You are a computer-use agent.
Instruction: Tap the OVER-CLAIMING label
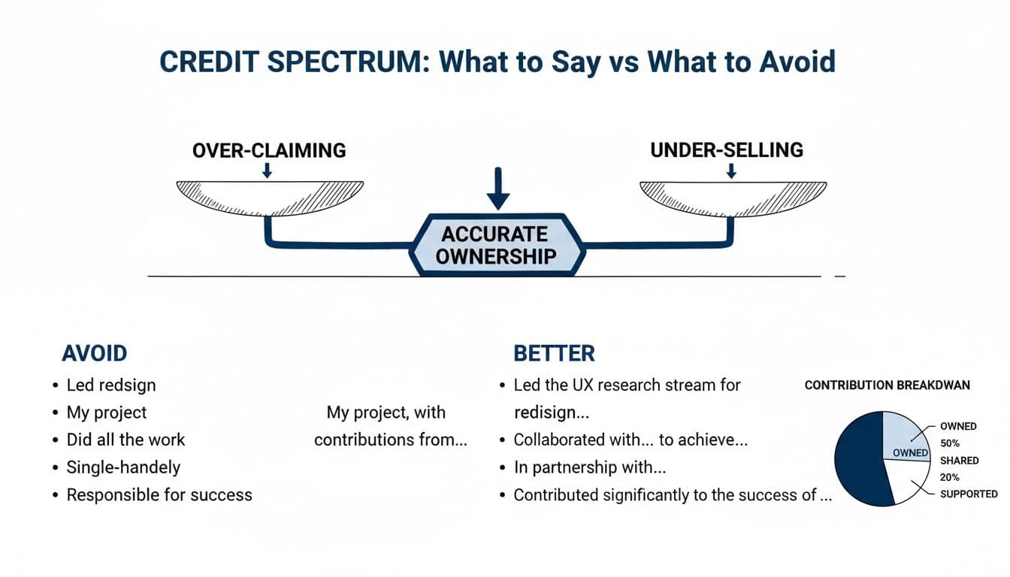(x=269, y=150)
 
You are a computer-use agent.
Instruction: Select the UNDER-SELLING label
(x=726, y=150)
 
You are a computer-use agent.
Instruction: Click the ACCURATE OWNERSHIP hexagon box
(x=496, y=244)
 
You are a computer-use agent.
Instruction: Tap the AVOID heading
(x=94, y=353)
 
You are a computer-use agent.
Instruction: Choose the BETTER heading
(x=554, y=353)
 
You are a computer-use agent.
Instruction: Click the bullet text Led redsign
(x=111, y=385)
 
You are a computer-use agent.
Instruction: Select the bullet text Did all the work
(x=125, y=440)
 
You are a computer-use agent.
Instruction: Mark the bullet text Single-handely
(x=123, y=467)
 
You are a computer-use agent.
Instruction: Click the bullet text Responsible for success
(x=159, y=495)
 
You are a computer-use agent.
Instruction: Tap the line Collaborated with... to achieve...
(x=630, y=440)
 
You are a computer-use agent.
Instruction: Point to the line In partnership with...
(x=590, y=467)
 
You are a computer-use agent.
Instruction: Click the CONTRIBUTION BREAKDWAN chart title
(x=887, y=385)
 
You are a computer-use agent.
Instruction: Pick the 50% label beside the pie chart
(x=949, y=443)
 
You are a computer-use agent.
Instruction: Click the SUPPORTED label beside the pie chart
(x=969, y=494)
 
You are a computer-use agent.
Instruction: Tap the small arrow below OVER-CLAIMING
(x=267, y=171)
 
